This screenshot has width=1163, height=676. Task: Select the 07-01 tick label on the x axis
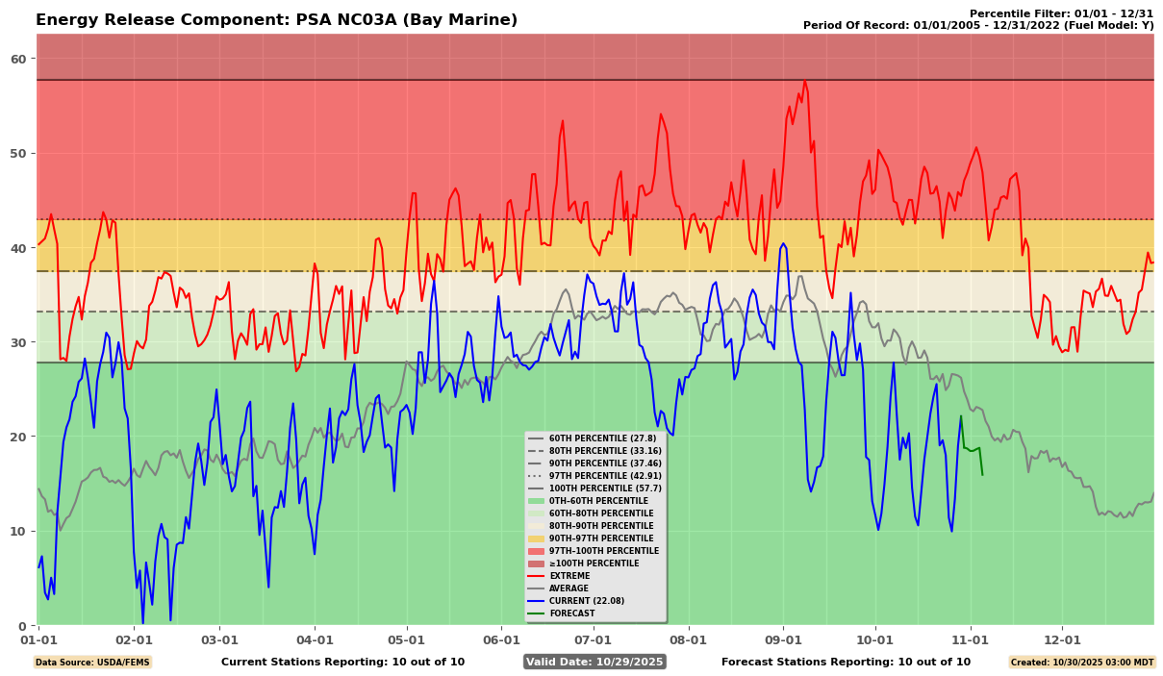593,638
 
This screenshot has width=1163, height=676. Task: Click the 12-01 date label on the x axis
1063,638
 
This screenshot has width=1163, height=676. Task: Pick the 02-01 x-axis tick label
134,638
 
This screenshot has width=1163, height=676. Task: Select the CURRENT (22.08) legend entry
586,601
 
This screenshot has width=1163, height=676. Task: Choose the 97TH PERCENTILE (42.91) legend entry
605,476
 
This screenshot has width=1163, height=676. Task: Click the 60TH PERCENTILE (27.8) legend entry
602,438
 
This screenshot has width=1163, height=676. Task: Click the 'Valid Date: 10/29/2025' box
594,662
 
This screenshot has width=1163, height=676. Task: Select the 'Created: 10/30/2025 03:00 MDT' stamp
1080,663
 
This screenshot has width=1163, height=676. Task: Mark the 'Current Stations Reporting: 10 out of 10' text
342,662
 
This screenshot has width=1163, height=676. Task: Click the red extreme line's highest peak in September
804,81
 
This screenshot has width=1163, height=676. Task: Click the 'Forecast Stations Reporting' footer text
846,662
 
